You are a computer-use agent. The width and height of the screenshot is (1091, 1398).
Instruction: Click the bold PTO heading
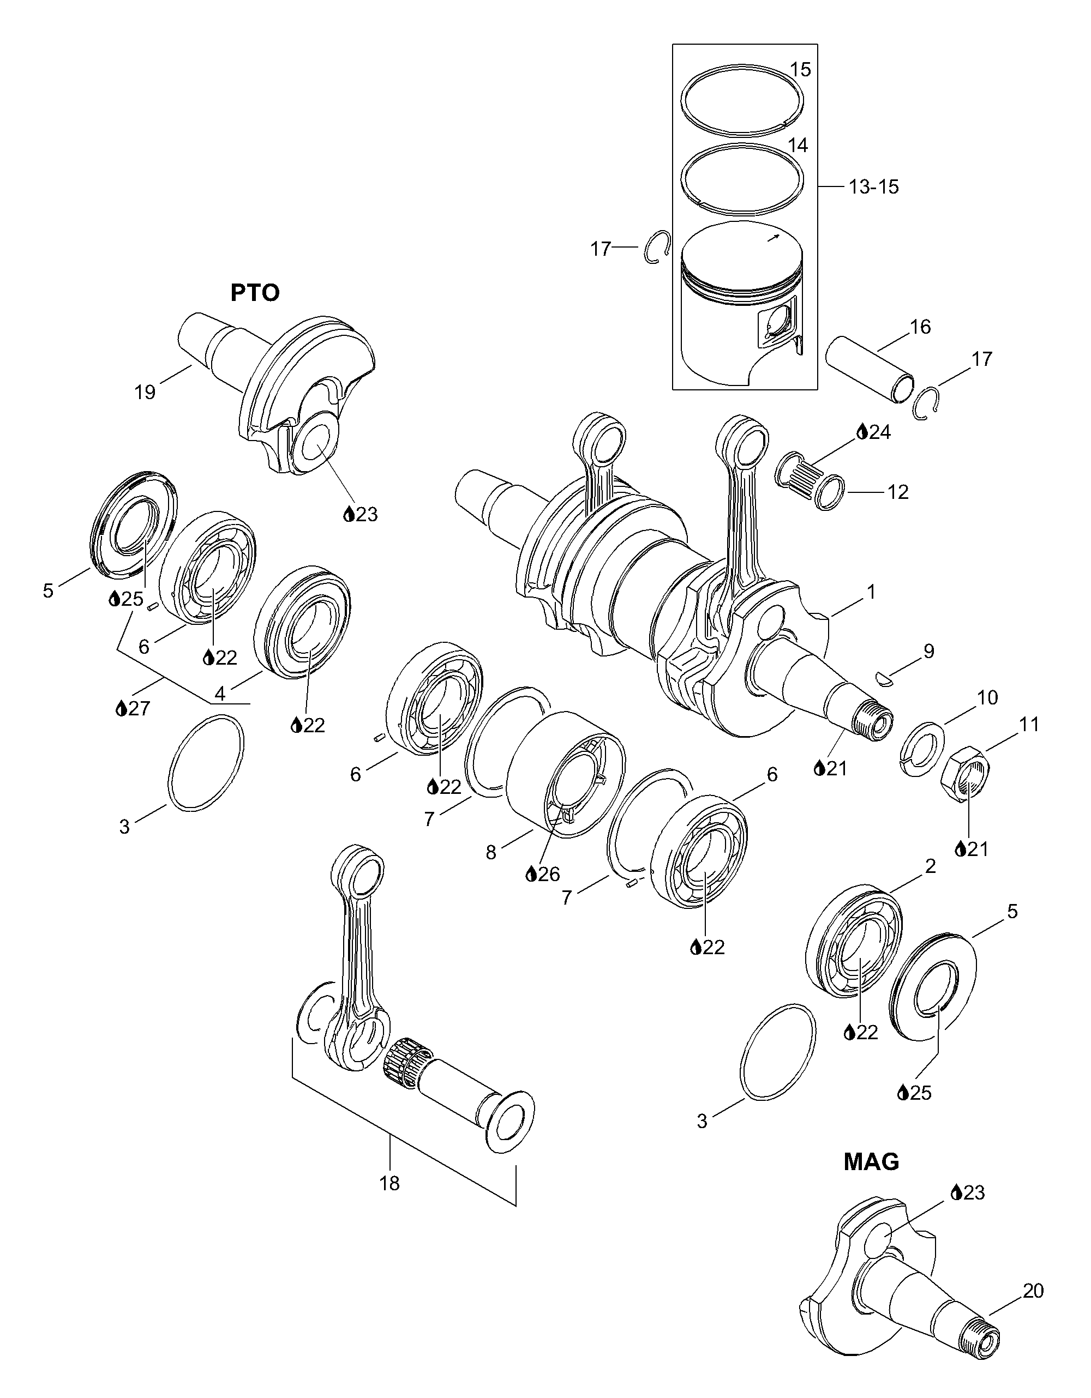click(255, 293)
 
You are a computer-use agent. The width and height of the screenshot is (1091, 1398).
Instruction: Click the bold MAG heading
click(871, 1162)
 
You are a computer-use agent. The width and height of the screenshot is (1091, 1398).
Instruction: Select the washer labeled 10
click(922, 748)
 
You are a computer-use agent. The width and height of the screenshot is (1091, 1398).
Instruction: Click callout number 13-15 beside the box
click(874, 187)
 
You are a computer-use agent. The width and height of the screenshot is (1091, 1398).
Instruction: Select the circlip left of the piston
click(657, 248)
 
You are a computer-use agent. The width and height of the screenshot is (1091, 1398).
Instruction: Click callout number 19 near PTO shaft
click(145, 391)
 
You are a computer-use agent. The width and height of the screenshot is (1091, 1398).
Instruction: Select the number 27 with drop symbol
click(133, 708)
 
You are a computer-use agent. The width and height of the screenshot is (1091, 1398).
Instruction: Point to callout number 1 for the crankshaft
click(871, 592)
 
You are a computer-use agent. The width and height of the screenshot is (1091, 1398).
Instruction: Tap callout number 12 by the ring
click(898, 492)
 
